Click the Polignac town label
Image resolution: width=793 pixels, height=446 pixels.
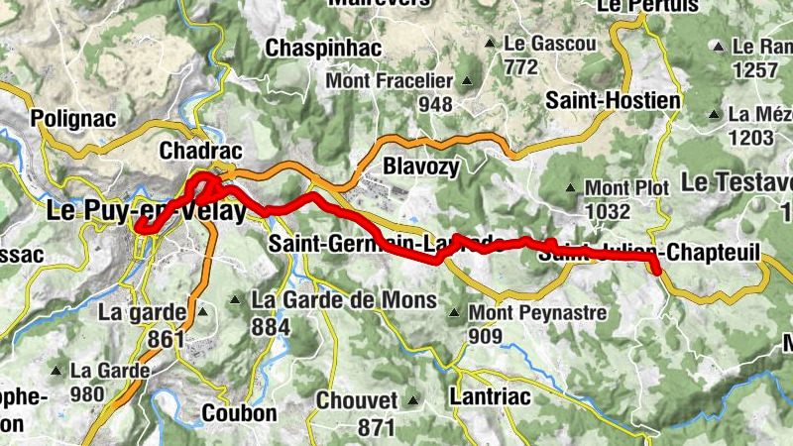pos(74,118)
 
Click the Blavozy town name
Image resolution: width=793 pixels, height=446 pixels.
pos(420,167)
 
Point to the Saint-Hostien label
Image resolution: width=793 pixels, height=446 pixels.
pos(614,101)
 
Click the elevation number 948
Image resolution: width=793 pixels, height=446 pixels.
pos(435,104)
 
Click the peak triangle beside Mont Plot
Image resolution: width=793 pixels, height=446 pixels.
pos(570,187)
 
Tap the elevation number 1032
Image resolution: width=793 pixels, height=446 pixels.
pos(608,211)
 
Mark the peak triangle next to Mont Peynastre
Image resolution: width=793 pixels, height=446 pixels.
pos(454,313)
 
